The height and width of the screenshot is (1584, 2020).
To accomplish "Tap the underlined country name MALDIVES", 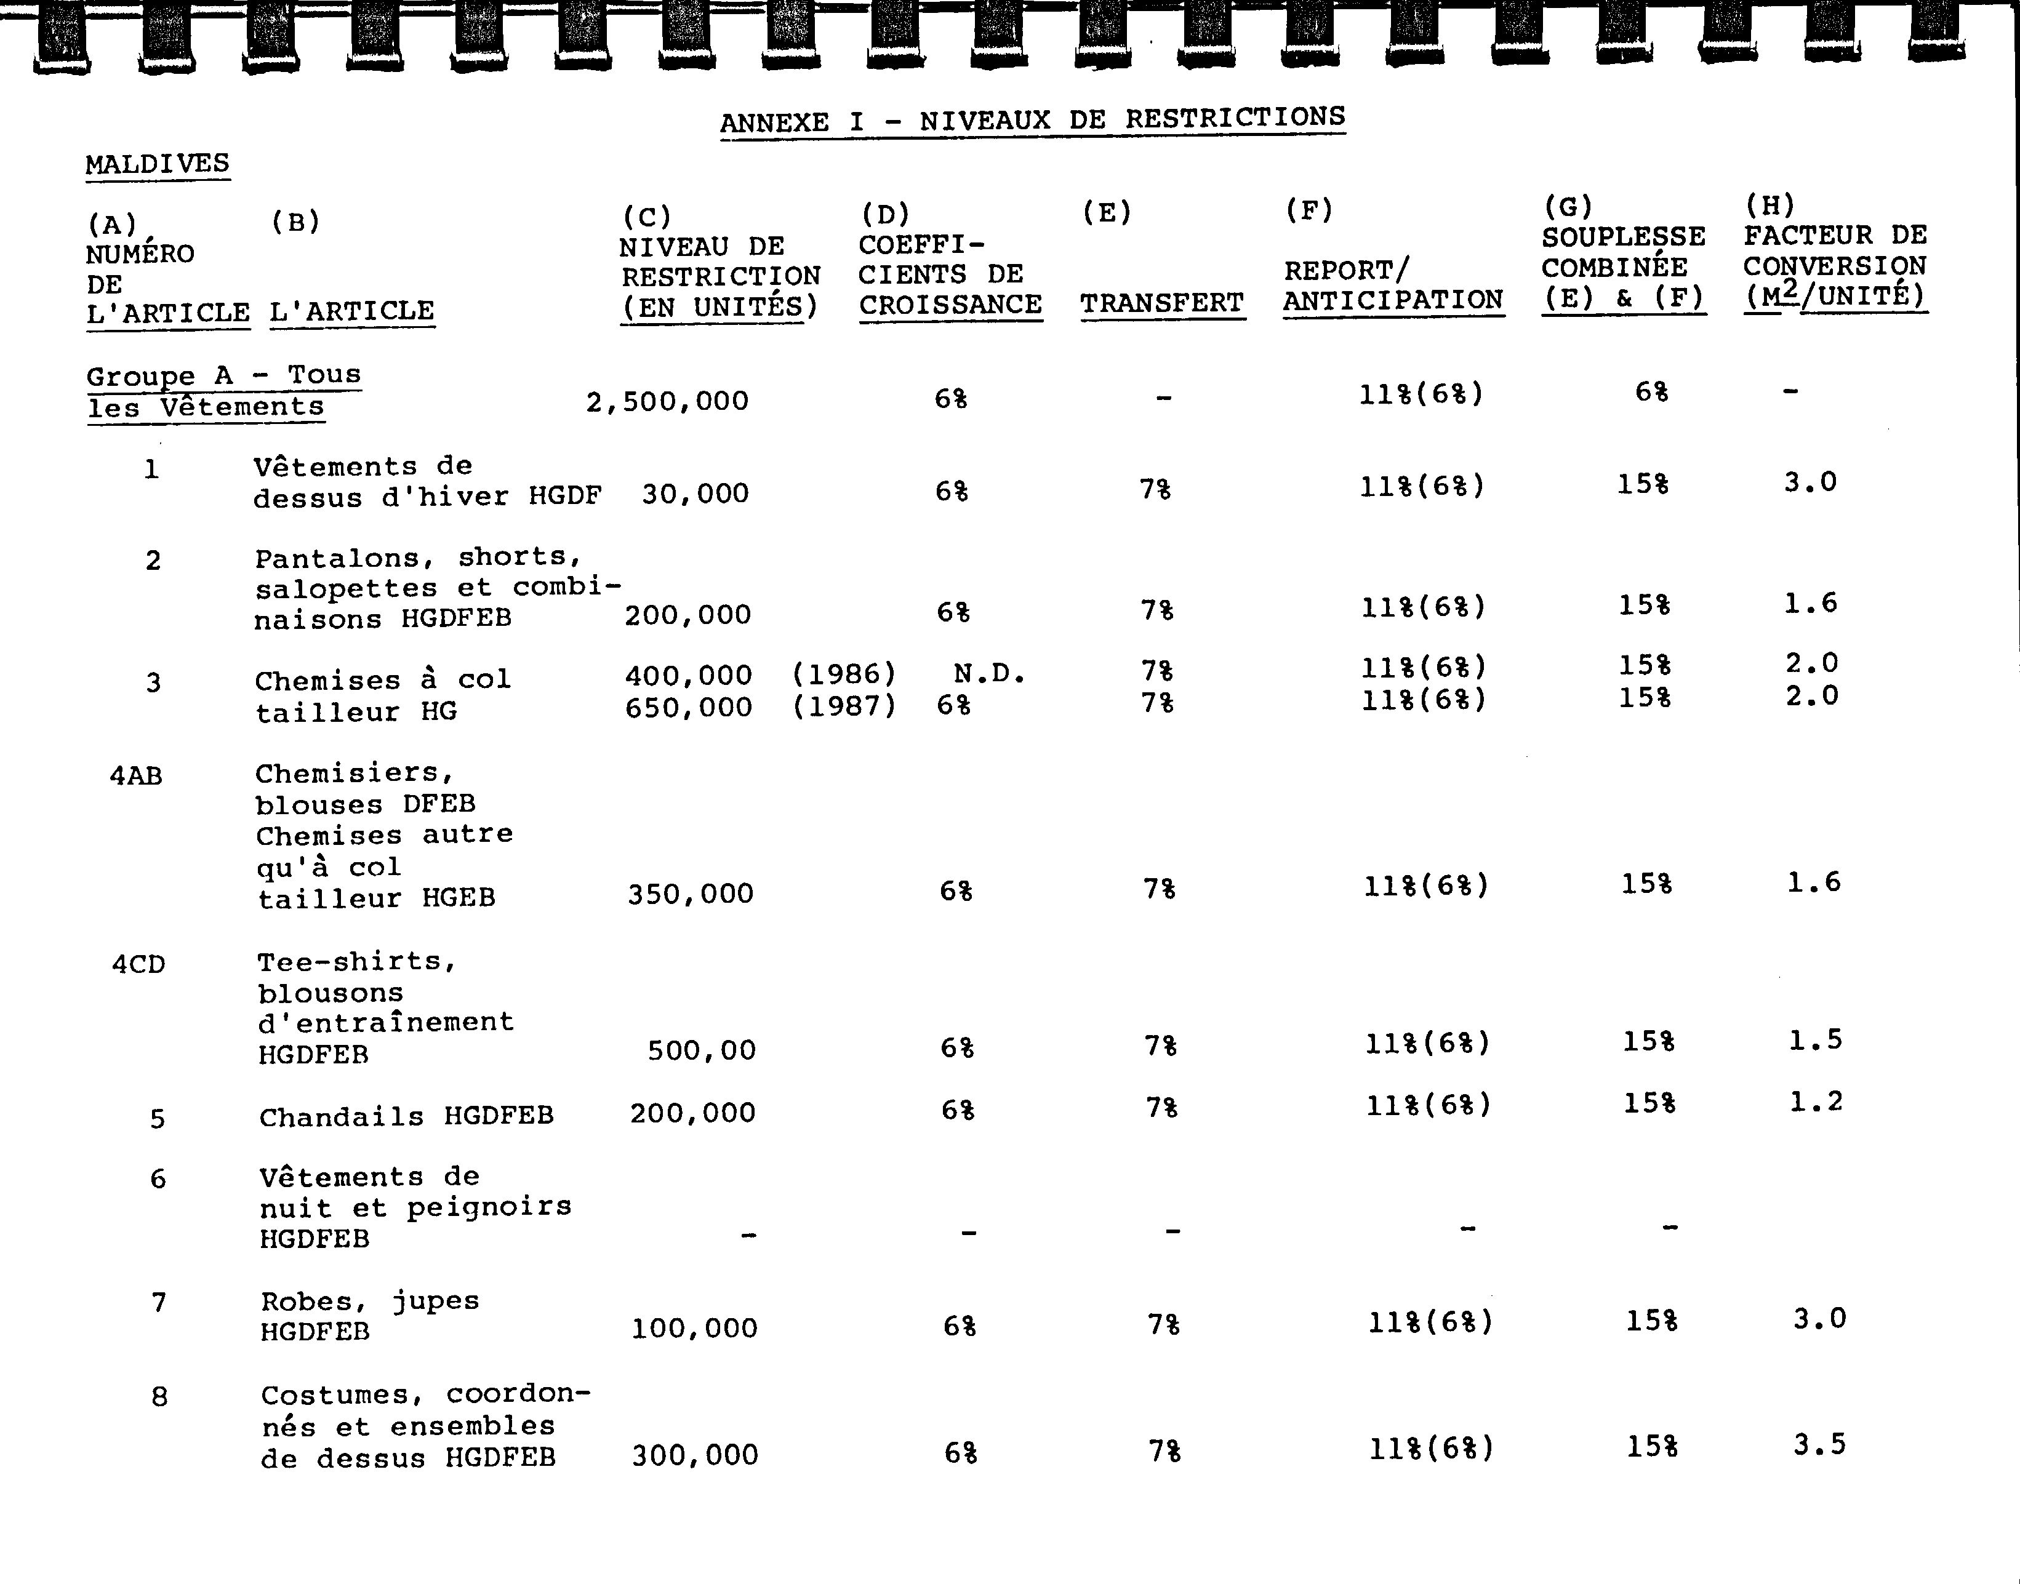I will click(x=158, y=164).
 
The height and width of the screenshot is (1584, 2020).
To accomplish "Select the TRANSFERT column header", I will click(x=1162, y=303).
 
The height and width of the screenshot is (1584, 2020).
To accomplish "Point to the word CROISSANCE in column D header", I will click(x=951, y=305).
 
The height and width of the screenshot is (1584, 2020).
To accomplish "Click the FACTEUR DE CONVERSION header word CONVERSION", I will click(x=1835, y=266).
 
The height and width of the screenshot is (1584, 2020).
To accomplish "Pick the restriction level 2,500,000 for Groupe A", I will click(x=667, y=402).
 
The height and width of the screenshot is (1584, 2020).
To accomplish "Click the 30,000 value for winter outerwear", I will click(x=695, y=494).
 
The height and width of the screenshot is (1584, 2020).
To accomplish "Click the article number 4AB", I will click(x=137, y=775).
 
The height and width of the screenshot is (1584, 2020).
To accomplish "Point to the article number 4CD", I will click(x=138, y=964).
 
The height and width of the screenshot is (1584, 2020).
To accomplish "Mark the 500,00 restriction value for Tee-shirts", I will click(x=701, y=1050).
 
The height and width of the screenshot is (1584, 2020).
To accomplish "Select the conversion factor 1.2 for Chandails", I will click(x=1815, y=1102).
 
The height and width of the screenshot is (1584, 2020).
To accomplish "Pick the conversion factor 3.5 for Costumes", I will click(x=1819, y=1445).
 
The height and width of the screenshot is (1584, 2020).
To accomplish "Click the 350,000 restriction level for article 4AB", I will click(x=690, y=894).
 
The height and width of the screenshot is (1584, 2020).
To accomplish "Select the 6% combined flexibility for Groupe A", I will click(x=1651, y=392).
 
